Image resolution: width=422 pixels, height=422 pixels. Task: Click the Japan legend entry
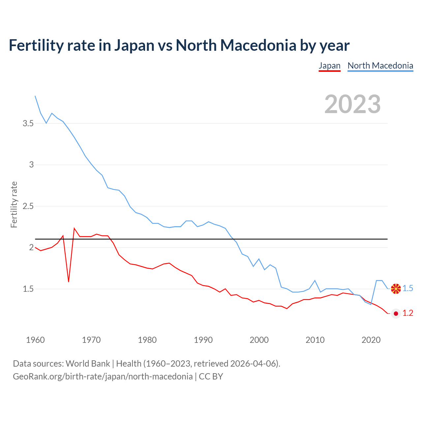(329, 66)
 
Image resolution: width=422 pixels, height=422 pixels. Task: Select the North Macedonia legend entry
(380, 66)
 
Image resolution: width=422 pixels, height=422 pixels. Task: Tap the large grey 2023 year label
(352, 104)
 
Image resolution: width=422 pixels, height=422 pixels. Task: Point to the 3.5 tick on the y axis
(28, 124)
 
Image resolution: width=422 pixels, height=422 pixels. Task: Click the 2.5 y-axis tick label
(28, 206)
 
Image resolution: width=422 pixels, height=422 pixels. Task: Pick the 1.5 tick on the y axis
(28, 289)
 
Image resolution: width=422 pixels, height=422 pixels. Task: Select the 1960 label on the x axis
(35, 340)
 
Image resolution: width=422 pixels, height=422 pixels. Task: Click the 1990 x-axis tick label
(203, 340)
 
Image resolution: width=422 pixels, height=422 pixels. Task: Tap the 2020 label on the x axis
(371, 340)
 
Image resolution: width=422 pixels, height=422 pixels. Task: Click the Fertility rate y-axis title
(14, 204)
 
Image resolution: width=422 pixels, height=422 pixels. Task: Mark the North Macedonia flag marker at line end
(396, 288)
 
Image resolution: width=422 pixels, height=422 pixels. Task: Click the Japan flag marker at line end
(396, 314)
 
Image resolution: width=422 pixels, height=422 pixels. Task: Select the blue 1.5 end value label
(408, 288)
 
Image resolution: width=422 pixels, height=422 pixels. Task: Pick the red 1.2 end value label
(408, 313)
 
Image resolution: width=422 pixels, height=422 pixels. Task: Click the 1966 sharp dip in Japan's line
(69, 282)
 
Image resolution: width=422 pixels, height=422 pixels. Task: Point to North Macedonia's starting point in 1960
(35, 96)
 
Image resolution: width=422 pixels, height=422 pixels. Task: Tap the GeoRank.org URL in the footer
(103, 377)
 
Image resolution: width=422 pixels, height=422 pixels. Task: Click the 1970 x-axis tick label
(91, 340)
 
